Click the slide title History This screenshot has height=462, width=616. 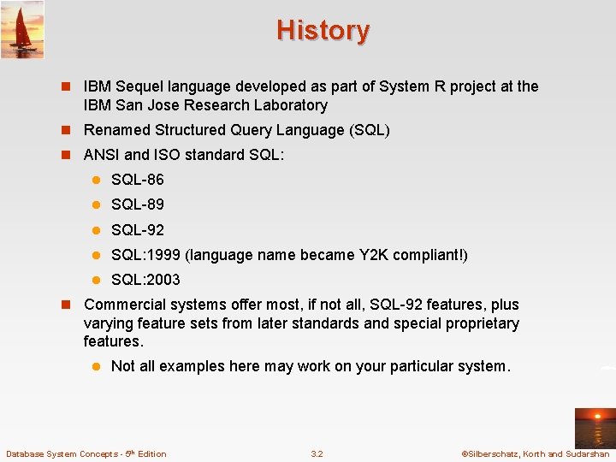[x=323, y=31]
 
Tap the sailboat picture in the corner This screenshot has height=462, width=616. [x=22, y=29]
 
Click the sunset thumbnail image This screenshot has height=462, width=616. [x=594, y=427]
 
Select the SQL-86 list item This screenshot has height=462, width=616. [x=137, y=180]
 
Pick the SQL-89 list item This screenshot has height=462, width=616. [x=137, y=204]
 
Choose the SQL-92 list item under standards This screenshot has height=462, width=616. [x=137, y=230]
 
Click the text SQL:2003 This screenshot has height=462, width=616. [x=145, y=280]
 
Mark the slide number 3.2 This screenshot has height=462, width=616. [x=317, y=454]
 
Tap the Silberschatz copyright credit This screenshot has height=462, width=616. [x=535, y=454]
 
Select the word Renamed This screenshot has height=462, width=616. [x=116, y=130]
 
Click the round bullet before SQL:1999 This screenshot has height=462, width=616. [x=98, y=255]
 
